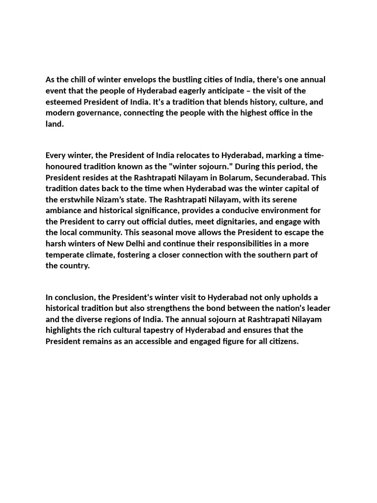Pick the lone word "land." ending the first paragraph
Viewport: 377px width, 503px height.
click(55, 124)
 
